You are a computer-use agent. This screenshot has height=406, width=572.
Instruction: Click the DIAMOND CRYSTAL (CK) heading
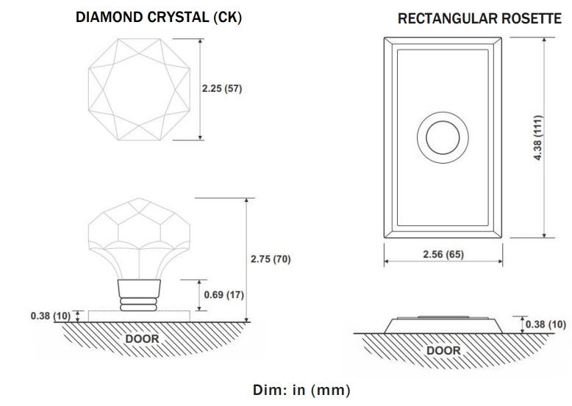click(158, 17)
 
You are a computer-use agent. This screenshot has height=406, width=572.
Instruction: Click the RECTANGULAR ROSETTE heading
click(479, 19)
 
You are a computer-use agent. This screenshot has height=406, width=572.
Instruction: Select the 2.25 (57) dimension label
click(222, 89)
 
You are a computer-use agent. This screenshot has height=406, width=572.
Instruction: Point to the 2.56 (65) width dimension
click(443, 254)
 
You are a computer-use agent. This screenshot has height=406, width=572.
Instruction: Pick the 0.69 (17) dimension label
click(222, 294)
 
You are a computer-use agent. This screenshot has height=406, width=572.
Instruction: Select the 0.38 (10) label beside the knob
click(51, 316)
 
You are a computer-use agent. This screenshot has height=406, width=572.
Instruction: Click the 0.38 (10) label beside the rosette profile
click(546, 324)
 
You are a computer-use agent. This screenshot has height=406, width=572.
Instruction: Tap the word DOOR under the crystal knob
click(142, 338)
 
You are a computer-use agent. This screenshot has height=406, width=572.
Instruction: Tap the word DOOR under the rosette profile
click(443, 350)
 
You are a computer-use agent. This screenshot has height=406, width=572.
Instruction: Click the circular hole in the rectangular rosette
click(443, 137)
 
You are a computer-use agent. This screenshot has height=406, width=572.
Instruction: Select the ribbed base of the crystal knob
click(139, 296)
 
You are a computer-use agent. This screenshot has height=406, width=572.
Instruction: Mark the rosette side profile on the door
click(443, 324)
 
